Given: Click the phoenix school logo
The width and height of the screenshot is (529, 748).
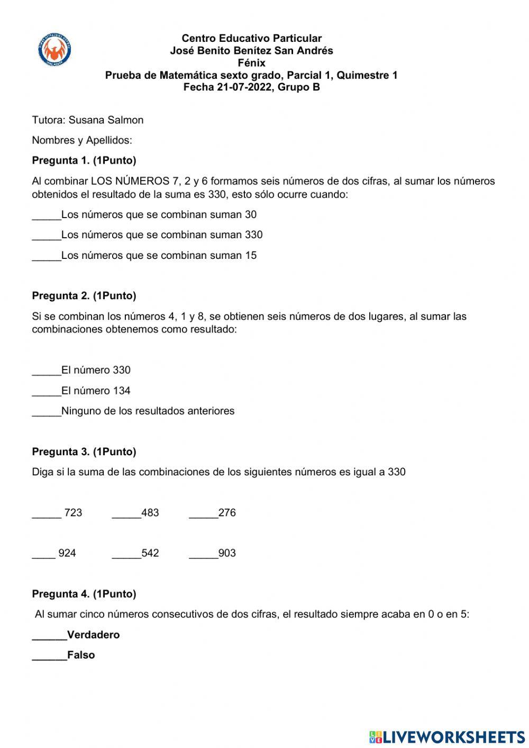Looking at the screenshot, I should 55,50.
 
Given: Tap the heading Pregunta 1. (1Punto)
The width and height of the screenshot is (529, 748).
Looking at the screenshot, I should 84,160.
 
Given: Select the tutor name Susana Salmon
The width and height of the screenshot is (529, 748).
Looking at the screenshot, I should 106,120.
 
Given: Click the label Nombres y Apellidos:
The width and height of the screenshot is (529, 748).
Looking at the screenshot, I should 82,140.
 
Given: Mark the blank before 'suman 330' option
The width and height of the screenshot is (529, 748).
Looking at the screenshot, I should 47,236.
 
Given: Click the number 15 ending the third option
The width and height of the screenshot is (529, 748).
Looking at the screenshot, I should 251,255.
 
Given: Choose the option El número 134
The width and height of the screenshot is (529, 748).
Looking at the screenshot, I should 96,391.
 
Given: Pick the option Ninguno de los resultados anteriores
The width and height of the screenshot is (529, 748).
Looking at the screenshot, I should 148,411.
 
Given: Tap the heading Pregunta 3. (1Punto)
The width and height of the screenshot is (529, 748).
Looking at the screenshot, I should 84,452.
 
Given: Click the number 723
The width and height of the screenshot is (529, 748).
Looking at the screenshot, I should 73,512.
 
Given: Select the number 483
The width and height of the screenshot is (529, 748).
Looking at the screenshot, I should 150,512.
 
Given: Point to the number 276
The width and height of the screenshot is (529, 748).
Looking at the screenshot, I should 227,512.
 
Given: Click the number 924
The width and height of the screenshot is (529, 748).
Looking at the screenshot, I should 67,553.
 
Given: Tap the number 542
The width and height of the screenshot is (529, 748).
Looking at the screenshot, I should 150,553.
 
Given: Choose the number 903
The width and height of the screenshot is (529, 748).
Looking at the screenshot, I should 227,553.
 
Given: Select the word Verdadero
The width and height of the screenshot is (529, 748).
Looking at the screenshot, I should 94,635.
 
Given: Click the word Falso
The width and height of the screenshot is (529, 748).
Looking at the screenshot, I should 81,655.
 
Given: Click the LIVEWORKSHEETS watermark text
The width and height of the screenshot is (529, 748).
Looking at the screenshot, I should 453,736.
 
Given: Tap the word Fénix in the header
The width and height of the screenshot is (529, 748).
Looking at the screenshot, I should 251,63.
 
